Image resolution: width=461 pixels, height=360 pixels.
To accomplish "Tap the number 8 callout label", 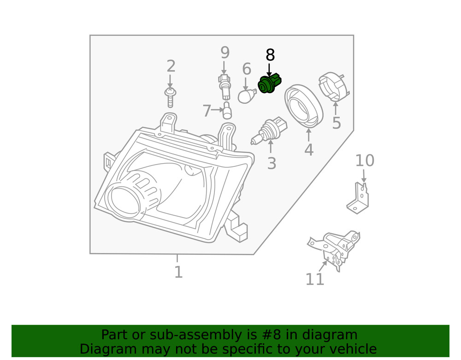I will (x=270, y=55).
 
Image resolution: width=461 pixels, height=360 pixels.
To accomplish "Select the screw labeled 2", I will (x=170, y=97).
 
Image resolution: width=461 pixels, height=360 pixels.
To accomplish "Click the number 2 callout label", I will (x=171, y=66).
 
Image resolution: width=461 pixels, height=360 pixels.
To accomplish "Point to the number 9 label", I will (x=225, y=52).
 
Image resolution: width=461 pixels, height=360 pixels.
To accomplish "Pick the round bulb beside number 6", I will (x=246, y=96).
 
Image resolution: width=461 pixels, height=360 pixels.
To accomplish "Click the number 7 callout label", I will (x=207, y=111).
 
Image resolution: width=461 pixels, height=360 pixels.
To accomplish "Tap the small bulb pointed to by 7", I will (x=227, y=111).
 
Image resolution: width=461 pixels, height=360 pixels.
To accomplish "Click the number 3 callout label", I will (x=272, y=163).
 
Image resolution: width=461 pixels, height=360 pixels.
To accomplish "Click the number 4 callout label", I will (x=308, y=150).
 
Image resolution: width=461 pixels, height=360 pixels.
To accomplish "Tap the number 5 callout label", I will (x=337, y=123).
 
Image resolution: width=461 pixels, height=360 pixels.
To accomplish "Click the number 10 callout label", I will (x=364, y=161).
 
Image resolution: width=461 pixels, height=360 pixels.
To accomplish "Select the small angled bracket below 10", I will (x=359, y=198).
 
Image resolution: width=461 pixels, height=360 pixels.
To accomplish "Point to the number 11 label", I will (x=315, y=279).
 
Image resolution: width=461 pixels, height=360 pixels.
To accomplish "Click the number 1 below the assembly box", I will (x=178, y=272).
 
